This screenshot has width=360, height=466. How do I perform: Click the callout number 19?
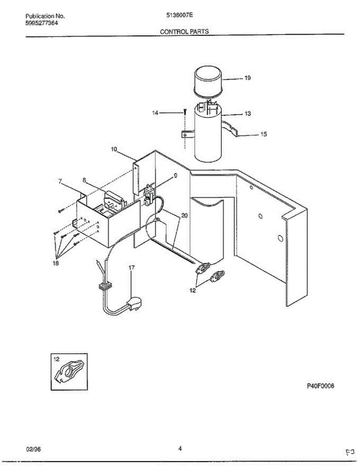247,78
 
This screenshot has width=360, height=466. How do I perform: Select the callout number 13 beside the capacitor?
247,114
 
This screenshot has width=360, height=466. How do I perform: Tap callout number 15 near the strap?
263,134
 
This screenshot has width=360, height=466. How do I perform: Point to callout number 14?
155,113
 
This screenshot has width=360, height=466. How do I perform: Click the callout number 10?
114,149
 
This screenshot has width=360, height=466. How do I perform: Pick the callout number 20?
184,215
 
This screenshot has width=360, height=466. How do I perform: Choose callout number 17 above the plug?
132,268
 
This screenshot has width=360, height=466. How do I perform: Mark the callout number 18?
56,263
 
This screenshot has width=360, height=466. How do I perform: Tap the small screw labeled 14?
186,112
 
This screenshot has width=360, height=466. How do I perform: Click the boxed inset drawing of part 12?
69,372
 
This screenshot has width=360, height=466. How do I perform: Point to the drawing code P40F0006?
321,386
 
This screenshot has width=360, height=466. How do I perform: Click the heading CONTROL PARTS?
184,32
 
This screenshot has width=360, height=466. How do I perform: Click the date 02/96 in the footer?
33,449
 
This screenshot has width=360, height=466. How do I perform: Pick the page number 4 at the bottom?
180,449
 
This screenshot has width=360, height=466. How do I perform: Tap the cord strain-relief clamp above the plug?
103,287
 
